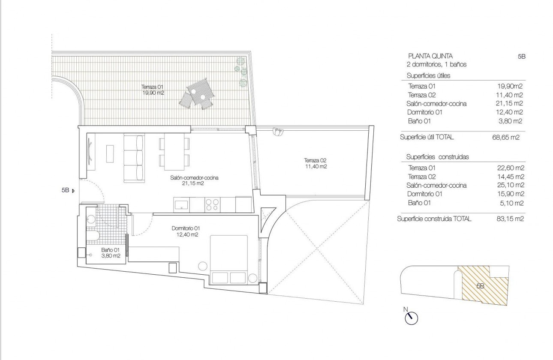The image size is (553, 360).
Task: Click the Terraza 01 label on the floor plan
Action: click(153, 89)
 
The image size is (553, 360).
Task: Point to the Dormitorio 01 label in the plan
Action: click(185, 231)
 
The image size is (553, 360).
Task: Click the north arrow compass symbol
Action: click(411, 317)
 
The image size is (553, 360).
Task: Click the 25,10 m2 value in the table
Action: click(510, 186)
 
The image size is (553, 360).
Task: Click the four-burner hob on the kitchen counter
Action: click(212, 204)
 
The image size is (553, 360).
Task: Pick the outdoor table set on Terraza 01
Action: click(197, 94)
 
